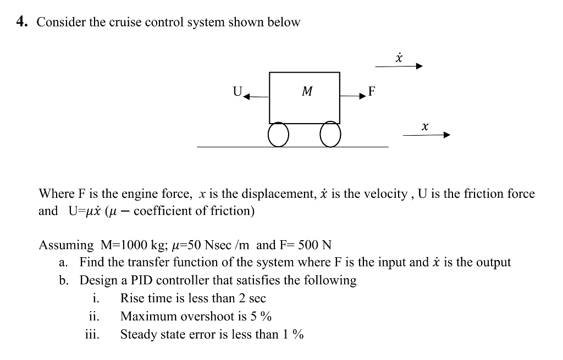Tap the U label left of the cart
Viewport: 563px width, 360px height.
click(238, 91)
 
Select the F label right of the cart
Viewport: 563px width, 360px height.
click(372, 91)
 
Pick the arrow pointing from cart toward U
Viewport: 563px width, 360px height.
click(256, 97)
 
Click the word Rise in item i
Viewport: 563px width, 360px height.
click(132, 298)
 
